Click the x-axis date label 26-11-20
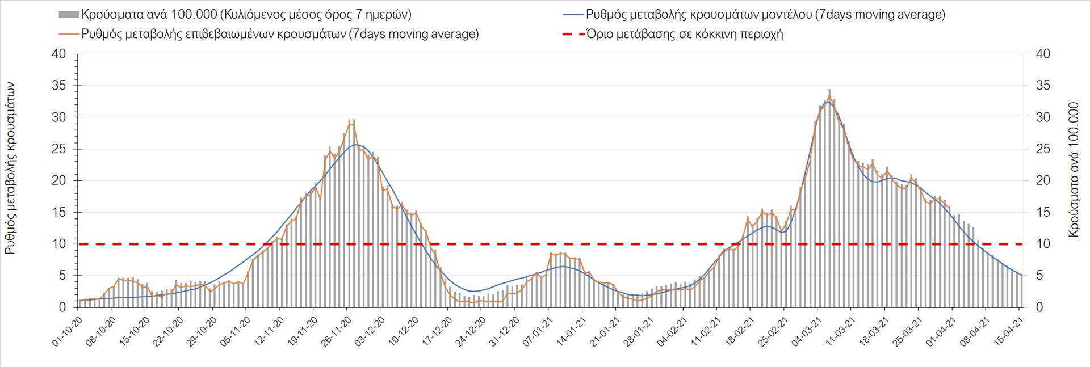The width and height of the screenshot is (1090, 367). coord(336,332)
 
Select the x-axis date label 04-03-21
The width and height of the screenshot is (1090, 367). coord(807,332)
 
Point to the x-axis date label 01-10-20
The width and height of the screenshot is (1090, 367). coord(67,332)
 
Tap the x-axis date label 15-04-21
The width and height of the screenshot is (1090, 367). coord(1009,332)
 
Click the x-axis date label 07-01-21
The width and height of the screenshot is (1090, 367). coord(538,332)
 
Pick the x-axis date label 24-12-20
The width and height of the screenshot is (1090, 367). coord(471,332)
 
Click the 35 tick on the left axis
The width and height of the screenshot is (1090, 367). coord(59,86)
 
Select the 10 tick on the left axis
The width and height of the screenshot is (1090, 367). coord(59,244)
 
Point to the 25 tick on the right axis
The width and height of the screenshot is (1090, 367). coord(1043,149)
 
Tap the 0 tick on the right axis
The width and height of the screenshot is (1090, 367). coord(1039,307)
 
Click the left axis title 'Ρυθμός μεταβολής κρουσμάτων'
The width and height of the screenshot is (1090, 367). coord(10,168)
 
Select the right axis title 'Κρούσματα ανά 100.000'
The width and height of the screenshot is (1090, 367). coord(1073,169)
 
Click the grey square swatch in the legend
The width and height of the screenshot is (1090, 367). coord(68,14)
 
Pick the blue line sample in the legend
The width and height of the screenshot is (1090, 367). coord(573,14)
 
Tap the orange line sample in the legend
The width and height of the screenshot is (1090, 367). coord(68,34)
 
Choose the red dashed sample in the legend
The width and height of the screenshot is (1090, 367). coord(573,34)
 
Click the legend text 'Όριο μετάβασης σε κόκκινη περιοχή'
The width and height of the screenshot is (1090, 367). coord(685,34)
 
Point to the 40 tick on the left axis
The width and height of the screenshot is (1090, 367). coord(59,54)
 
